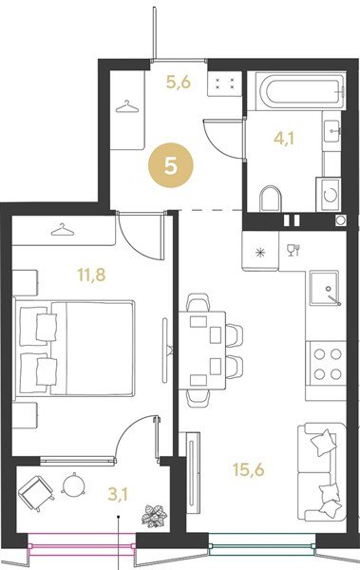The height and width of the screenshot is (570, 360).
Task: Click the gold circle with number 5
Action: click(171, 165)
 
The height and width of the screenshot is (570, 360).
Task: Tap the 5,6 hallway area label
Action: click(179, 83)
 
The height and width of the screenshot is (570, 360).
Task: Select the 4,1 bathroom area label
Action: click(284, 139)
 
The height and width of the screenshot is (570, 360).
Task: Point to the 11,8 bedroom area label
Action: click(91, 275)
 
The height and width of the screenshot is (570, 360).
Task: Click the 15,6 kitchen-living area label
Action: click(248, 469)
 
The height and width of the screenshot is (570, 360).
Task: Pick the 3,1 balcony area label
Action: click(118, 494)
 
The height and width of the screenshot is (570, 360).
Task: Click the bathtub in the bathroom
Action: click(300, 91)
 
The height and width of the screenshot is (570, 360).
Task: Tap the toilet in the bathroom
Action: click(271, 199)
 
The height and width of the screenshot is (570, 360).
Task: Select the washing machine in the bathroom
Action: click(329, 195)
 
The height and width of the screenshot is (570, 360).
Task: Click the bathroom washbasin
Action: click(332, 131)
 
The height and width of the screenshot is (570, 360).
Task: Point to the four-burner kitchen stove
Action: click(327, 364)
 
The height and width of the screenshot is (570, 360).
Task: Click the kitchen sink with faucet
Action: click(325, 288)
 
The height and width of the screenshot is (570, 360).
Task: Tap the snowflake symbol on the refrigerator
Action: click(260, 253)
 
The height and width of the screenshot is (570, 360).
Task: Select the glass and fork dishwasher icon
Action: click(294, 250)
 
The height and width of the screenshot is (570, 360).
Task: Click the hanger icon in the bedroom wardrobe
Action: click(63, 230)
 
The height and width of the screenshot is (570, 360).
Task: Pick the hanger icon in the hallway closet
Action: click(127, 106)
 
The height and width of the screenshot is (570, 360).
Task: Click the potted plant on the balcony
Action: click(154, 516)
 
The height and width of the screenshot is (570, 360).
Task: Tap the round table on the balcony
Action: click(74, 484)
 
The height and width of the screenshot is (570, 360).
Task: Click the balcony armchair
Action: click(36, 494)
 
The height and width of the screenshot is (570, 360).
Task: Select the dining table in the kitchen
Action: click(202, 351)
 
